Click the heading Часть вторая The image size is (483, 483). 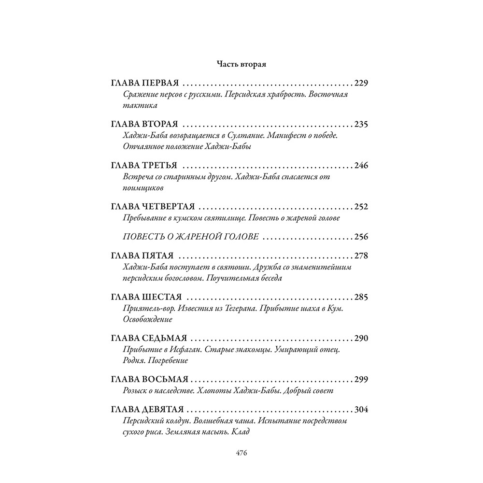(x=241, y=63)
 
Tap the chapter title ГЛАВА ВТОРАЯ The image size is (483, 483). (x=145, y=125)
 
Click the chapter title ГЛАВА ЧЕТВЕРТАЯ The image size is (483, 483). (x=153, y=207)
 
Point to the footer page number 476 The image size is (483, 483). (x=241, y=453)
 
